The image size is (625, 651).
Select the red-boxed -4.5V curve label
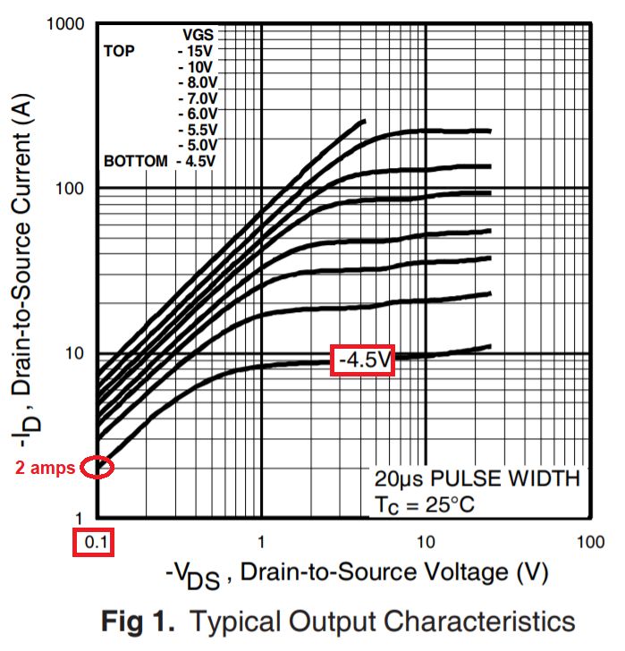coord(362,359)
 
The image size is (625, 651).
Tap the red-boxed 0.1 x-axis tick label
coord(94,543)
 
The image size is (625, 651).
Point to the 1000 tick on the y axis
coord(66,24)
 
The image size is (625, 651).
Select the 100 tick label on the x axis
coord(590,542)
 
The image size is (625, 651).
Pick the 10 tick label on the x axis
coord(426,542)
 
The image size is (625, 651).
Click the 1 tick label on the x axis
coord(261,542)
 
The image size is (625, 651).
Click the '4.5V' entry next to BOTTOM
coord(198,161)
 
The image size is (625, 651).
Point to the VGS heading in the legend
coord(198,35)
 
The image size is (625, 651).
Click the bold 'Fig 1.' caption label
coord(138,621)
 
